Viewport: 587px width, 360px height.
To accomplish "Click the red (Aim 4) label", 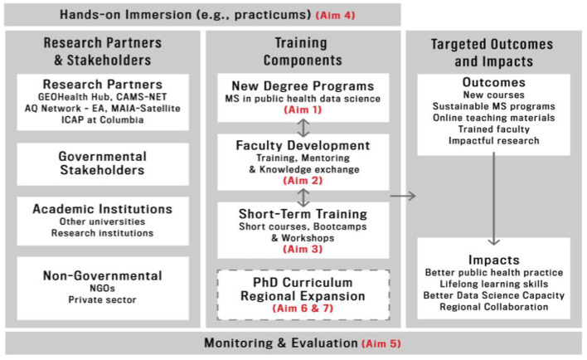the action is [x=336, y=16].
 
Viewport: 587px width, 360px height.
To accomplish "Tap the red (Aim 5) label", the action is [x=381, y=343].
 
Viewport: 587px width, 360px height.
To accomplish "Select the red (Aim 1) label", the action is [x=303, y=109].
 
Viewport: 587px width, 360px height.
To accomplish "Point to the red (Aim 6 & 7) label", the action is [x=303, y=309].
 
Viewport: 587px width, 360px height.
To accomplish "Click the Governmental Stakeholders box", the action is [x=103, y=163].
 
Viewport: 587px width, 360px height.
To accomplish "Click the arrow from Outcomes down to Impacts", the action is [x=494, y=198].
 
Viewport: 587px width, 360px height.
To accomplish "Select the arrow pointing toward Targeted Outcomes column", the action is [x=403, y=196].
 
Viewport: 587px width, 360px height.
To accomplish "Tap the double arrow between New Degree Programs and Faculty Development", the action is [x=303, y=128].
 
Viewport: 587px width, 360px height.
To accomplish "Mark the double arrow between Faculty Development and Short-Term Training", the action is [x=303, y=197].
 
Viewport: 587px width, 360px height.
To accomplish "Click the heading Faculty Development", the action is [x=303, y=145].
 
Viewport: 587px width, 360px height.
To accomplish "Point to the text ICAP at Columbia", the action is [x=103, y=120].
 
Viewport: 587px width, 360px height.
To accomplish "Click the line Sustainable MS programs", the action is [x=494, y=106].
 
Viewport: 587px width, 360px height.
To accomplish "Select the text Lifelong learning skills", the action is [x=494, y=284].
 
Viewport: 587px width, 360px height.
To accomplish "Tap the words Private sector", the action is [x=102, y=299].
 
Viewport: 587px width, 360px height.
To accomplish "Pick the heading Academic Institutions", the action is [x=103, y=209].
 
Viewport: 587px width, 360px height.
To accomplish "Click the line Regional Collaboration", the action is [x=494, y=307].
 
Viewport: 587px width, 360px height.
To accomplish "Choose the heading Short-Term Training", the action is [x=303, y=214].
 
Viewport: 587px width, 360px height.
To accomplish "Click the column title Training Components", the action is [x=303, y=51].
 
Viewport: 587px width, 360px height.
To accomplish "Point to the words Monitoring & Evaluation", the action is [x=281, y=343].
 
